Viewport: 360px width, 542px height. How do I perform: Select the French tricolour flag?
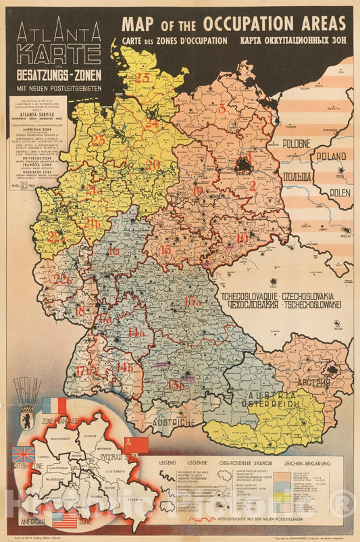click(x=55, y=405)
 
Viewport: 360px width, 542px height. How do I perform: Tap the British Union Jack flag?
click(x=24, y=453)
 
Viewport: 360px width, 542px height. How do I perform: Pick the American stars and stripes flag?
click(x=66, y=520)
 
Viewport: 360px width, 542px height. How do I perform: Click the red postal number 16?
click(x=113, y=251)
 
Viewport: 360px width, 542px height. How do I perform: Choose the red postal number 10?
click(x=242, y=237)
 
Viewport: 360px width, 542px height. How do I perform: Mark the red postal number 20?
click(x=153, y=164)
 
